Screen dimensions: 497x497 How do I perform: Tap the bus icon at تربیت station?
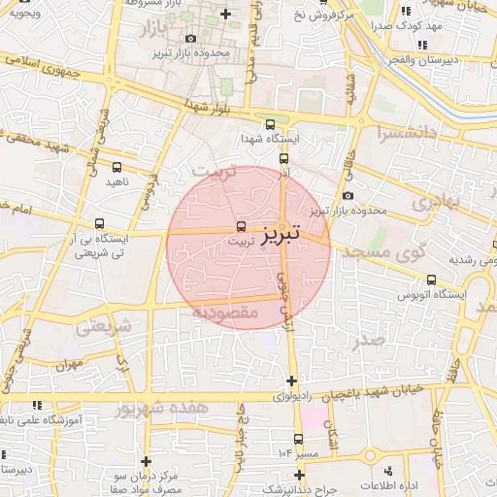pyautogui.click(x=241, y=226)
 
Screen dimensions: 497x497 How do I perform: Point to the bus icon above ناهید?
pyautogui.click(x=117, y=168)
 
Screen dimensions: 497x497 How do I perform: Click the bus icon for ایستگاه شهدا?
pyautogui.click(x=270, y=123)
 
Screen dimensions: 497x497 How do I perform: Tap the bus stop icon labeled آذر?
pyautogui.click(x=283, y=158)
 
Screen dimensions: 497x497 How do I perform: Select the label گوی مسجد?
pyautogui.click(x=398, y=252)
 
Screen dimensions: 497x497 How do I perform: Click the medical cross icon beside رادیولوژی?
pyautogui.click(x=292, y=379)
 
